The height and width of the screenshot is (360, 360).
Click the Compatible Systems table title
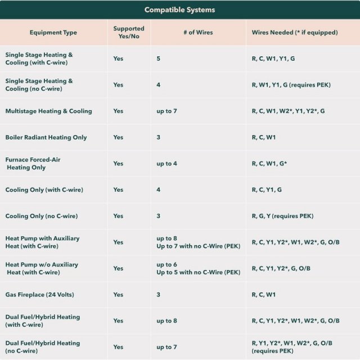(180, 10)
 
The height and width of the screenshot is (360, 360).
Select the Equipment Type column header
(53, 33)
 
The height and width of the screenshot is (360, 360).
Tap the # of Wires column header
(198, 33)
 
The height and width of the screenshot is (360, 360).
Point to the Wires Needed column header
(295, 33)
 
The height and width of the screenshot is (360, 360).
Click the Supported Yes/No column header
(129, 33)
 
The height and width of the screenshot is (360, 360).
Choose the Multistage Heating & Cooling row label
(48, 111)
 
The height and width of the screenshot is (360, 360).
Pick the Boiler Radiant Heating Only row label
(46, 137)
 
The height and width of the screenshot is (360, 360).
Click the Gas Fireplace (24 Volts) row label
(39, 295)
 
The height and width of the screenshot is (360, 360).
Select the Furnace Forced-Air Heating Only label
(33, 164)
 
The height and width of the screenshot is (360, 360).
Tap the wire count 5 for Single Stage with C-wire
(159, 58)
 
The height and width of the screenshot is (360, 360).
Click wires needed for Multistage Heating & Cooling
(288, 111)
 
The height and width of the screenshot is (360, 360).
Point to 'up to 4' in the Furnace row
(167, 164)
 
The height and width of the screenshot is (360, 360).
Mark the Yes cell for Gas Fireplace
(118, 295)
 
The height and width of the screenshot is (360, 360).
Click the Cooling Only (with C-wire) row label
(44, 190)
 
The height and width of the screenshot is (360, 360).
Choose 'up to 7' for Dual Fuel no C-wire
(167, 347)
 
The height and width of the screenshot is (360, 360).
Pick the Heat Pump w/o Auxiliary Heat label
(42, 268)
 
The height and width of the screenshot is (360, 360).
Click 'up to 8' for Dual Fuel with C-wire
(167, 321)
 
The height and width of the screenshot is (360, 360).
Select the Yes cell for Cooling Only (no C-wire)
(118, 216)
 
